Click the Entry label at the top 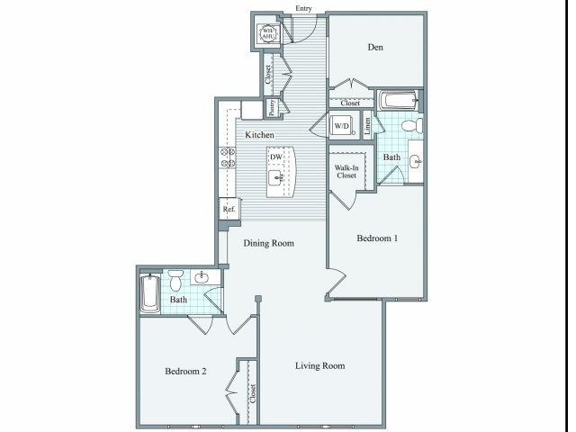click(304, 9)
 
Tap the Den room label click(376, 48)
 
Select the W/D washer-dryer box click(342, 127)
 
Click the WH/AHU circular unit click(268, 34)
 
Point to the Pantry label click(271, 108)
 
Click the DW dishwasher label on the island click(276, 157)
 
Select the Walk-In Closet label click(346, 171)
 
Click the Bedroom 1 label click(377, 238)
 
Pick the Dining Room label click(269, 243)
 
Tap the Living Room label click(320, 365)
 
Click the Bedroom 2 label click(186, 371)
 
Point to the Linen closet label click(368, 126)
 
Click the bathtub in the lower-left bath click(149, 293)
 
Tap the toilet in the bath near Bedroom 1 click(409, 125)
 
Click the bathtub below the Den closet click(396, 100)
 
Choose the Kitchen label click(260, 135)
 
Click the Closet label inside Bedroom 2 click(253, 393)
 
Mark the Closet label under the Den click(350, 103)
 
